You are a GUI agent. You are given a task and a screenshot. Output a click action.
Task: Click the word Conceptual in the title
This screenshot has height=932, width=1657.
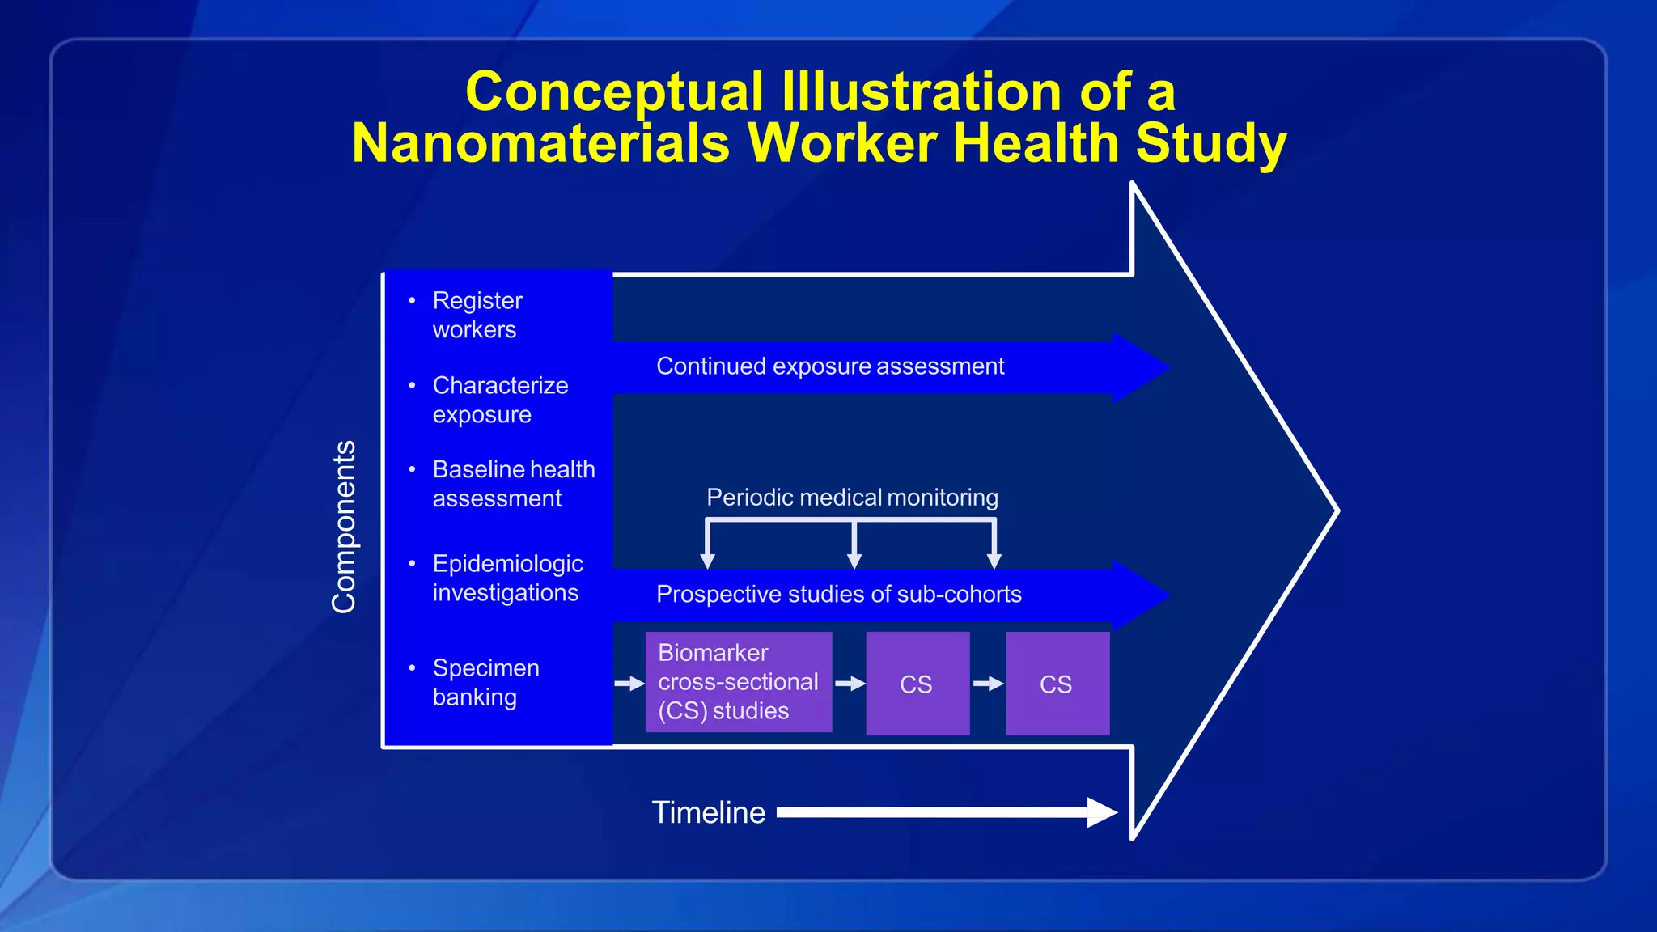(x=613, y=91)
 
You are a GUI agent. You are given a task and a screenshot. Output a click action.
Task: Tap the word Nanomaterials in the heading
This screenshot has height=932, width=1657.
(x=540, y=143)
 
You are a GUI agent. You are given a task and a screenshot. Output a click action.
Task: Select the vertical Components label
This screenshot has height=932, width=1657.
(x=344, y=527)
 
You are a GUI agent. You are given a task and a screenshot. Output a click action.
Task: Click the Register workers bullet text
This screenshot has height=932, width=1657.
(x=477, y=315)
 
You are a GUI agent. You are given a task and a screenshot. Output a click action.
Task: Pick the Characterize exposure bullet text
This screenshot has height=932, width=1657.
(x=500, y=400)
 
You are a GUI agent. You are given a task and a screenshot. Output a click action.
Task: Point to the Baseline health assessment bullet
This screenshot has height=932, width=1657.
(x=513, y=484)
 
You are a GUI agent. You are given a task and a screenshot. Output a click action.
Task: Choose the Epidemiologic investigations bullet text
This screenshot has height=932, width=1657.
(x=507, y=578)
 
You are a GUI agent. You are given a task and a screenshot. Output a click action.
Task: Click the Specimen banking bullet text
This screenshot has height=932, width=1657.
(x=485, y=682)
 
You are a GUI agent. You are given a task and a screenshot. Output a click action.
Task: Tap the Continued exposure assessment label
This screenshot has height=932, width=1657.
(x=829, y=366)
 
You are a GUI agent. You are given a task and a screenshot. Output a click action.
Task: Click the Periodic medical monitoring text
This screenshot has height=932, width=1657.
(x=851, y=498)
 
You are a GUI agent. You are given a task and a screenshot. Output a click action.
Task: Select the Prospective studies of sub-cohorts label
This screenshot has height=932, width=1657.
(x=838, y=595)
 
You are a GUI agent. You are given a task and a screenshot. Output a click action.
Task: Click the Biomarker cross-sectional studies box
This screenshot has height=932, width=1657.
(x=738, y=682)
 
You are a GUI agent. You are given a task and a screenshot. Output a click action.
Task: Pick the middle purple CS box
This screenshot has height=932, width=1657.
(x=917, y=684)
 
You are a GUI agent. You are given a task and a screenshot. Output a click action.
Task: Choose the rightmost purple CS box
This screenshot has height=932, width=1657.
(x=1057, y=684)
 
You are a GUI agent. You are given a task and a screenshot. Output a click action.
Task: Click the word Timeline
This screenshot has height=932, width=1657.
(x=708, y=812)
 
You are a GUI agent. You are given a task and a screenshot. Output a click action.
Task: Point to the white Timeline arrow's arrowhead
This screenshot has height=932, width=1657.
(x=1102, y=812)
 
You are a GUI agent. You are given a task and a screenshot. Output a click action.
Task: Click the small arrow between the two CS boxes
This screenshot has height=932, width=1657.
(x=988, y=684)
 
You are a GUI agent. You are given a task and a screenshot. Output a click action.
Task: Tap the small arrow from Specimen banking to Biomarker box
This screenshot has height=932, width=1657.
(x=629, y=684)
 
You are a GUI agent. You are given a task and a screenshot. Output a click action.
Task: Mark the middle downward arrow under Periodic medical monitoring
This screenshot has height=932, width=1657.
(x=854, y=558)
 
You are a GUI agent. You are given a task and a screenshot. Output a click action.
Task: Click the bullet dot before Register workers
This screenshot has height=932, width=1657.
(x=412, y=300)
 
